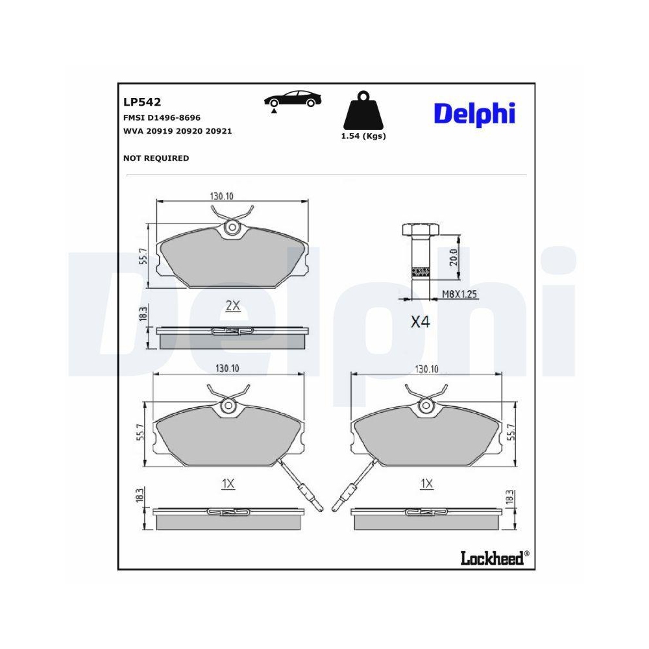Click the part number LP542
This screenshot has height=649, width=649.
pyautogui.click(x=141, y=102)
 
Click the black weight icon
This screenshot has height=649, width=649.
pyautogui.click(x=363, y=112)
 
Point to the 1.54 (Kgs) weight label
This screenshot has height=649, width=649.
pyautogui.click(x=363, y=136)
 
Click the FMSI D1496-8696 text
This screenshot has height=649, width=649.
pyautogui.click(x=162, y=117)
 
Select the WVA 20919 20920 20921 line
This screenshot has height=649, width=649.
pyautogui.click(x=177, y=130)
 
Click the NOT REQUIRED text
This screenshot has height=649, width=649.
pyautogui.click(x=156, y=158)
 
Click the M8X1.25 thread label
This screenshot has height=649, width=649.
pyautogui.click(x=459, y=295)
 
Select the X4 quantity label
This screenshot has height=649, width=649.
pyautogui.click(x=421, y=322)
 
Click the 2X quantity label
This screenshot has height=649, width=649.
pyautogui.click(x=232, y=306)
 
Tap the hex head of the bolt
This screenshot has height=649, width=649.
pyautogui.click(x=421, y=230)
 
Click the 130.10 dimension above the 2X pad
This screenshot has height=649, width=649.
pyautogui.click(x=221, y=195)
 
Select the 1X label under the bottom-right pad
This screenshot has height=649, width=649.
pyautogui.click(x=426, y=484)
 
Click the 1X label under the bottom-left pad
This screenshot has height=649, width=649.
pyautogui.click(x=227, y=484)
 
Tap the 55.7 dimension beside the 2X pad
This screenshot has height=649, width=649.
pyautogui.click(x=143, y=258)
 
